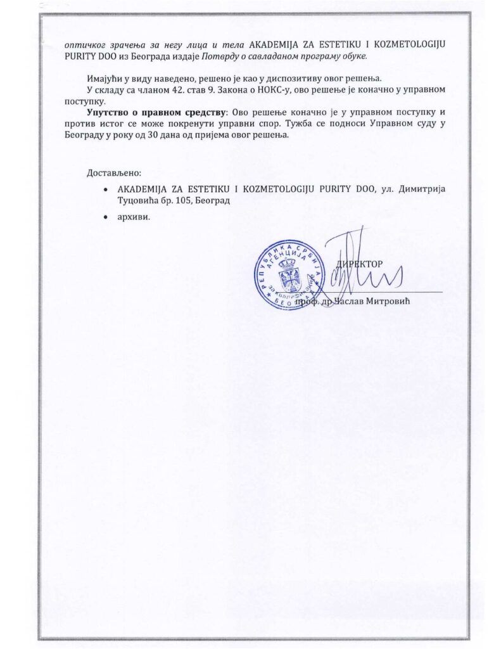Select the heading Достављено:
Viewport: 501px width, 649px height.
pos(113,173)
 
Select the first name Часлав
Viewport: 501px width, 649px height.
pos(348,302)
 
